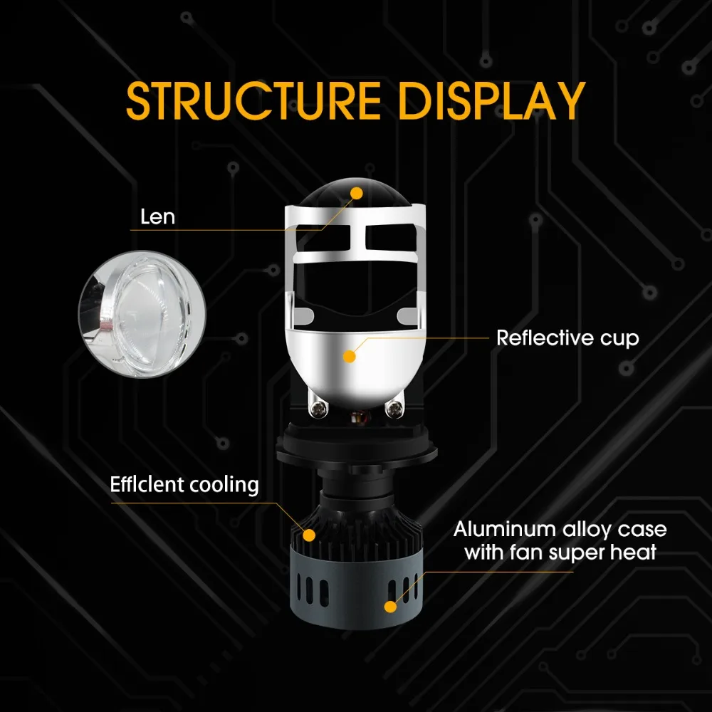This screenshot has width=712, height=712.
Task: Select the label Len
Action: [x=157, y=216]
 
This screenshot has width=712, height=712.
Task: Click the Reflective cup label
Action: [x=567, y=337]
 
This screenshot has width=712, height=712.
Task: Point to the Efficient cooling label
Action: [x=184, y=485]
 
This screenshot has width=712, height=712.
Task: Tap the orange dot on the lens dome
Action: [x=357, y=192]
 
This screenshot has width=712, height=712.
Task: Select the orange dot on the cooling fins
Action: [x=309, y=533]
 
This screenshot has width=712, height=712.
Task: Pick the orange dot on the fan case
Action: [x=389, y=607]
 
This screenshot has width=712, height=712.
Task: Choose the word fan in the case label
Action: [x=523, y=552]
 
